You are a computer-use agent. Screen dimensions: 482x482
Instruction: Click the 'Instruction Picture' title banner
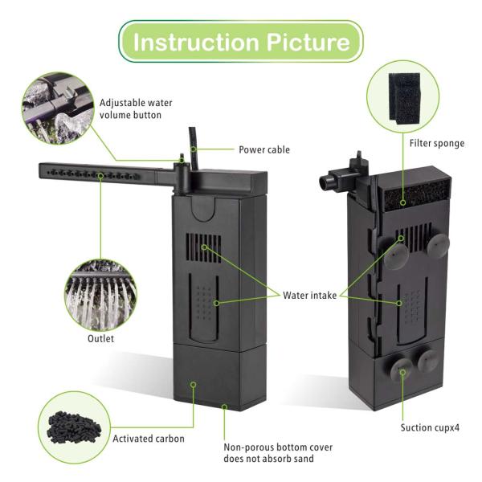pos(241,41)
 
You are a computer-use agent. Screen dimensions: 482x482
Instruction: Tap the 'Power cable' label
pos(264,149)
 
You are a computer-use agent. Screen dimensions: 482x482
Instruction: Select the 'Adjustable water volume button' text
pos(136,109)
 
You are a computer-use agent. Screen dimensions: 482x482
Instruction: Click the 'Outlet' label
pos(100,338)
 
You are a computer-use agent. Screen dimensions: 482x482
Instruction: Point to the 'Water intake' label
pos(308,295)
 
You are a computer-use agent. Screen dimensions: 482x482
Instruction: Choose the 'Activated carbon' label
pos(149,439)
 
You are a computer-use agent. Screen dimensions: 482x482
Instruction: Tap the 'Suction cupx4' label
pos(430,427)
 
